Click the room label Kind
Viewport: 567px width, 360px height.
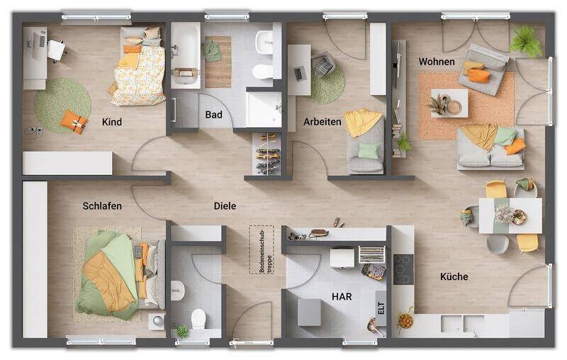point(112,122)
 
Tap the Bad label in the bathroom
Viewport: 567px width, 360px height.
point(213,115)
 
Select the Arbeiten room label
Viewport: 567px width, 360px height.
point(322,122)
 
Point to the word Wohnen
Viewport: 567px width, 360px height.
point(437,62)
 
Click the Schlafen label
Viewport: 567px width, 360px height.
point(102,206)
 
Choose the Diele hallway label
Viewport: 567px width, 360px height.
point(225,206)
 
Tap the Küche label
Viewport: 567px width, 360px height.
point(454,276)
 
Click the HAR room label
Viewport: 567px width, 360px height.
point(342,297)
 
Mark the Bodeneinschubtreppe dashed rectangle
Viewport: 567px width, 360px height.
point(262,249)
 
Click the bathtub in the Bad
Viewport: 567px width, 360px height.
point(186,55)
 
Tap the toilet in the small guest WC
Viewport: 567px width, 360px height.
point(198,319)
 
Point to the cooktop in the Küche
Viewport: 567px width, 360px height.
point(403,269)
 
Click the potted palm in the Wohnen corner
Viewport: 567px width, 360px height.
point(525,40)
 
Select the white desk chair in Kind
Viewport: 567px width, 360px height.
point(57,50)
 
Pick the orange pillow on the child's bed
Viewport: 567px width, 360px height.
point(132,49)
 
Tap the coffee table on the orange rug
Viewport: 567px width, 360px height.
point(449,103)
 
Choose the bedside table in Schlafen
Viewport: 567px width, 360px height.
point(157,321)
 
